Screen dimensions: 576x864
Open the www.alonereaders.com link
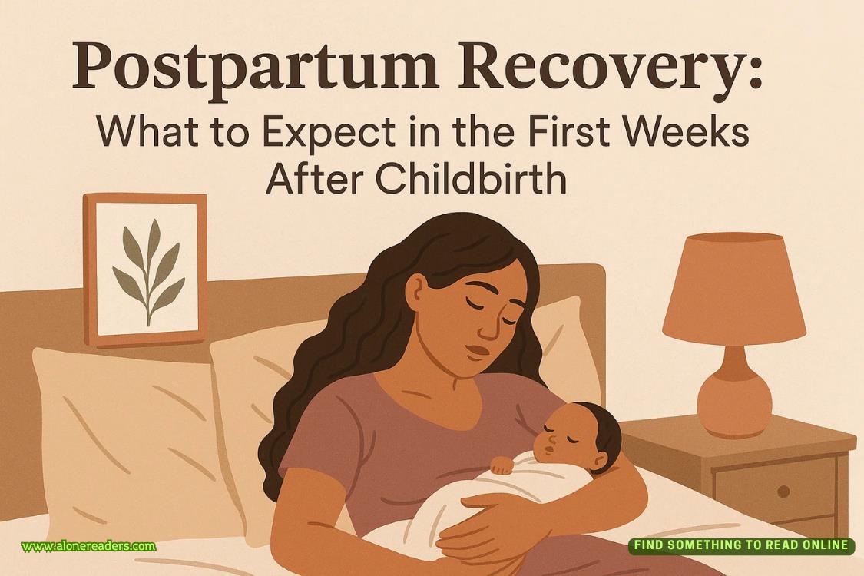coord(88,547)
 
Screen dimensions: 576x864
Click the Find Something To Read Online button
coord(741,545)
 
